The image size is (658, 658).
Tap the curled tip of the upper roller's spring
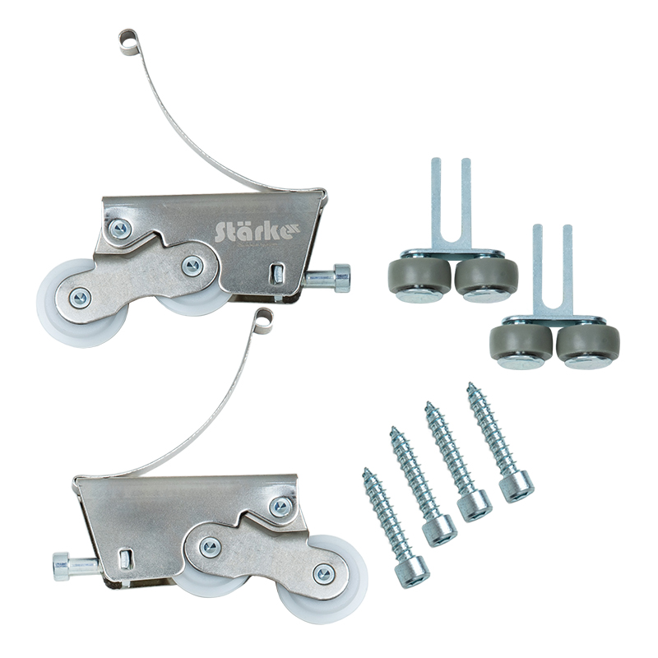click(x=128, y=42)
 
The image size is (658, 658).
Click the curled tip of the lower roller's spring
click(x=263, y=319)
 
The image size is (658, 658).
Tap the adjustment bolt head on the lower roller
click(x=61, y=567)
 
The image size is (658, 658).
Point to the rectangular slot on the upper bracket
click(x=276, y=273)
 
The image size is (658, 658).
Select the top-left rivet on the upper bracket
click(x=119, y=229)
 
